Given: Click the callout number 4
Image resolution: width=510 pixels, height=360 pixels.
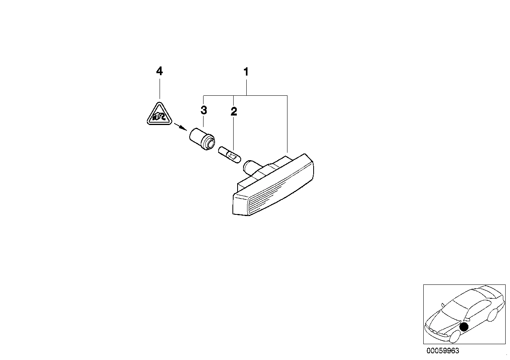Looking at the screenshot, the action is coord(159,71).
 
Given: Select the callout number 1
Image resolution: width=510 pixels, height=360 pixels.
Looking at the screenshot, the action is coord(246,72).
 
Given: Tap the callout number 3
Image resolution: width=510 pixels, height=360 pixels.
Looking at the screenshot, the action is coord(204,110).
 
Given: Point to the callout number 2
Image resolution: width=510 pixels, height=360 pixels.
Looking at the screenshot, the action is coord(234,112).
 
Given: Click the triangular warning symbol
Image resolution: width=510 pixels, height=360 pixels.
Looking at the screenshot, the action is coord(159,114).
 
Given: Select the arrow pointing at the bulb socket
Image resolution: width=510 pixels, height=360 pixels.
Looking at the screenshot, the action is coord(181,127).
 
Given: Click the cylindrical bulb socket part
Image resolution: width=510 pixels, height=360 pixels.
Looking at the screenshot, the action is coord(202,139).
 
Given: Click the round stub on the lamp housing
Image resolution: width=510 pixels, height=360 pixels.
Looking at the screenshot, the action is coord(250,167).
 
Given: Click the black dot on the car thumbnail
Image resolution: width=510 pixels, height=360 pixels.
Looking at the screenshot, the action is coord(464,327).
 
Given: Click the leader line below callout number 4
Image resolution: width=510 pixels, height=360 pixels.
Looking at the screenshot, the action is coord(160,89).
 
